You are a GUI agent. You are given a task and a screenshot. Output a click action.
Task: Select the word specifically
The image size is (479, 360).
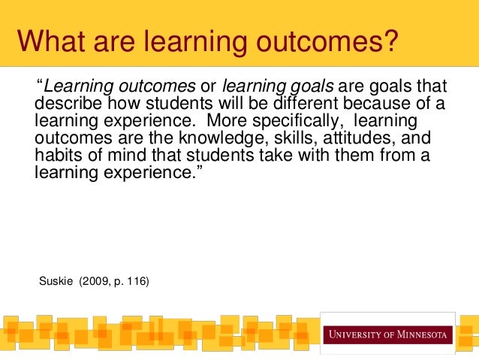pyautogui.click(x=300, y=120)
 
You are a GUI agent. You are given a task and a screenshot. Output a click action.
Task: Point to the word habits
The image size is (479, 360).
pyautogui.click(x=57, y=156)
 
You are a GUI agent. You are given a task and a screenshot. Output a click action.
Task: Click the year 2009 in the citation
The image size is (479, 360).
pyautogui.click(x=96, y=282)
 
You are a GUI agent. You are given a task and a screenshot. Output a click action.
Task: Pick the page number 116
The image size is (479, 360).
pyautogui.click(x=136, y=282)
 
